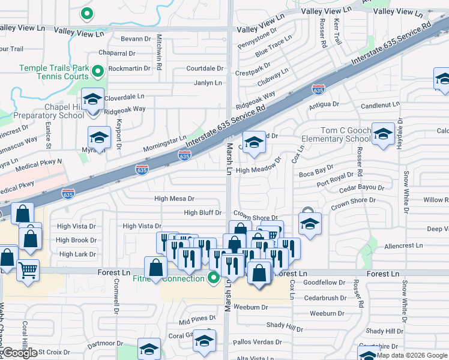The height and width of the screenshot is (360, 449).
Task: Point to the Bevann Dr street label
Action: tap(136, 38)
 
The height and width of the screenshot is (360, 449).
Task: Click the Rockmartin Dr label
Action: tap(130, 68)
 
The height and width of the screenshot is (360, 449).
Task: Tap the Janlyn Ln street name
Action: tap(208, 83)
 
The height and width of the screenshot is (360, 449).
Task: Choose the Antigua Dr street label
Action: tap(324, 104)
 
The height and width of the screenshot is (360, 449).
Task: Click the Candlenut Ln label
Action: tap(379, 104)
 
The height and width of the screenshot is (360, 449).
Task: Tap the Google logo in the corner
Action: tap(20, 352)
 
